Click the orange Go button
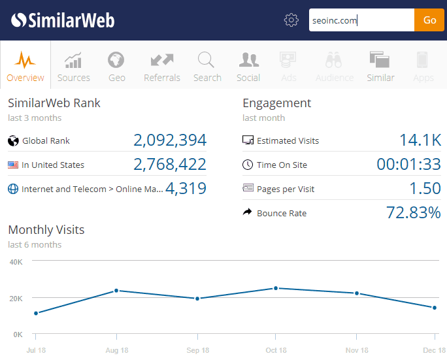click(x=429, y=20)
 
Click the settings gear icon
click(x=291, y=20)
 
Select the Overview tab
click(x=25, y=66)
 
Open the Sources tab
click(x=74, y=66)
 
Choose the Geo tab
click(x=117, y=66)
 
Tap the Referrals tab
click(x=162, y=66)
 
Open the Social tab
click(x=248, y=66)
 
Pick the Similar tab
click(x=380, y=66)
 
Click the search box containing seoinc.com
click(x=361, y=20)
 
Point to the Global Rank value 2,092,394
click(x=170, y=140)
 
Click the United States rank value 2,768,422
click(x=170, y=164)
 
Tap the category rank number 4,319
click(x=186, y=189)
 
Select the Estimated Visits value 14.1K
click(x=420, y=140)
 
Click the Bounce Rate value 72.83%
click(x=412, y=212)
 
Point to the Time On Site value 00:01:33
click(x=408, y=164)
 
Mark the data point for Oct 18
click(x=276, y=288)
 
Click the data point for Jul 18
click(x=36, y=313)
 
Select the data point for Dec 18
click(x=434, y=308)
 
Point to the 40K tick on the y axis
click(x=16, y=262)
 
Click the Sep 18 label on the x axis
click(x=197, y=351)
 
